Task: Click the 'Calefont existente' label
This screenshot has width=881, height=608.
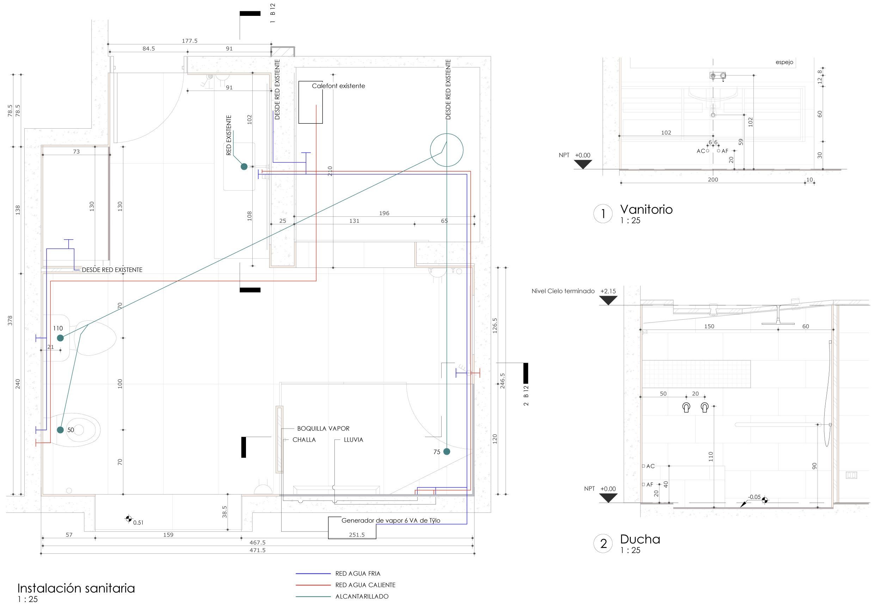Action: click(x=338, y=86)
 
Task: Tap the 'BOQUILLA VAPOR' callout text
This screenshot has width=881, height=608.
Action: click(x=323, y=429)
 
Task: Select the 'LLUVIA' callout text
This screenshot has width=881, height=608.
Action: click(x=353, y=440)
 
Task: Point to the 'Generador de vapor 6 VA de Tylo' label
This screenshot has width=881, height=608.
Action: click(x=390, y=520)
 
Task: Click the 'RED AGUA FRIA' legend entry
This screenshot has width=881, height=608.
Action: click(x=357, y=573)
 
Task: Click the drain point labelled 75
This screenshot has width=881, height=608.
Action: click(x=447, y=452)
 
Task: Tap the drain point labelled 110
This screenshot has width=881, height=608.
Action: click(x=60, y=338)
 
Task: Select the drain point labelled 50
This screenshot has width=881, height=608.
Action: click(x=60, y=430)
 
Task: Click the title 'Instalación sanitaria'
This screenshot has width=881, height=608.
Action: click(x=76, y=588)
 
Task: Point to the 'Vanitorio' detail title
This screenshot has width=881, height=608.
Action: click(x=646, y=209)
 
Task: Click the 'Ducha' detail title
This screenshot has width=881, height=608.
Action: click(x=640, y=539)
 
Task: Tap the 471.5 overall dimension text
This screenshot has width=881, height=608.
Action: click(x=258, y=550)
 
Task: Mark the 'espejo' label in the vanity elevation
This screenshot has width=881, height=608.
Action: click(x=784, y=62)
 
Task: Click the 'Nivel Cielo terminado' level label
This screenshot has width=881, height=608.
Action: click(x=562, y=291)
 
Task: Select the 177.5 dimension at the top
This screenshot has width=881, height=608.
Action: click(x=189, y=41)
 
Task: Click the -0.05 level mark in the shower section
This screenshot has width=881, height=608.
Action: click(x=754, y=497)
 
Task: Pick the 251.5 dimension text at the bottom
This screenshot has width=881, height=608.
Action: click(x=357, y=535)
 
